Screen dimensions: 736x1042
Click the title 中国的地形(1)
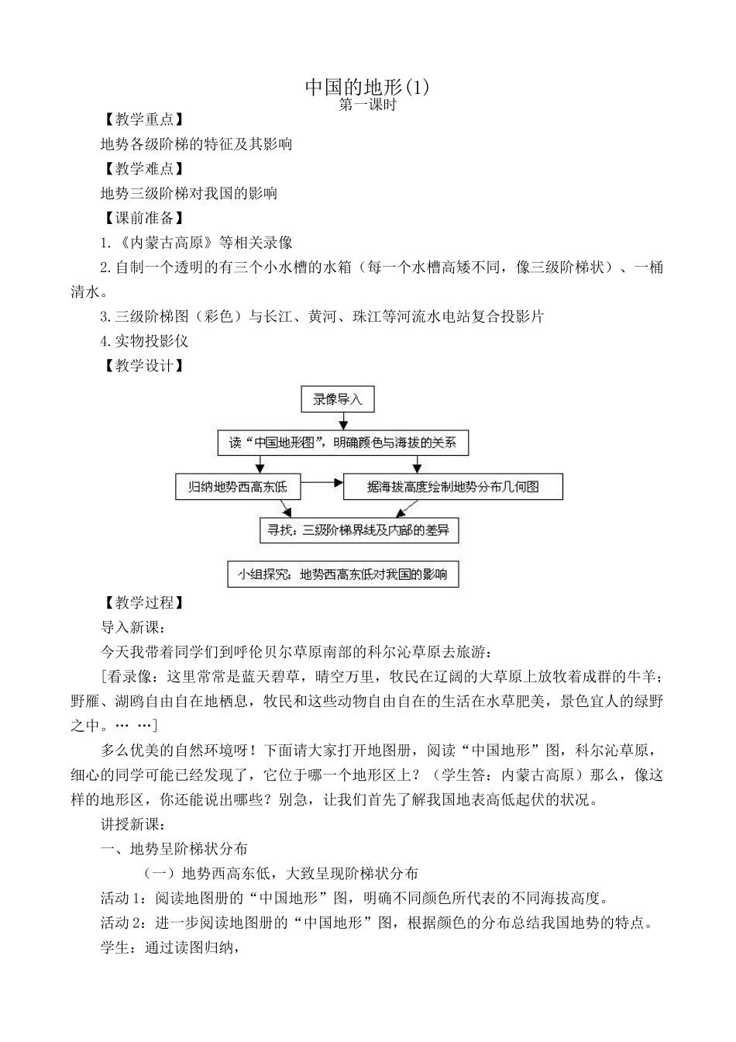[366, 86]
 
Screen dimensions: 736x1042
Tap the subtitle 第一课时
[367, 105]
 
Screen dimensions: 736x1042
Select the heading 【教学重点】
[143, 119]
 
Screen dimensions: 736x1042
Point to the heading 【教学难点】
[143, 169]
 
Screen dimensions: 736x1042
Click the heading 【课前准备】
[143, 218]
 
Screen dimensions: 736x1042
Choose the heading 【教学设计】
[143, 366]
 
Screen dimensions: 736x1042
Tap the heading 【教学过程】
[143, 602]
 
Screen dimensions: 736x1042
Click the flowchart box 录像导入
[337, 400]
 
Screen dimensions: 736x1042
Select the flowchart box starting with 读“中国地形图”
[342, 443]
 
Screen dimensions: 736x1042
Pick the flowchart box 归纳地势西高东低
[237, 487]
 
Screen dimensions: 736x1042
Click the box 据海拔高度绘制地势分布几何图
[452, 487]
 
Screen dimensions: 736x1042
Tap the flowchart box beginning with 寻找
[358, 530]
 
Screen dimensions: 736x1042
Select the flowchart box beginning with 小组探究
[342, 574]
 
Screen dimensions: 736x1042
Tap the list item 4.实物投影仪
[144, 341]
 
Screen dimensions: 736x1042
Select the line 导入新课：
[132, 627]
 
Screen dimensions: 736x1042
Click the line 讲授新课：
[132, 824]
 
